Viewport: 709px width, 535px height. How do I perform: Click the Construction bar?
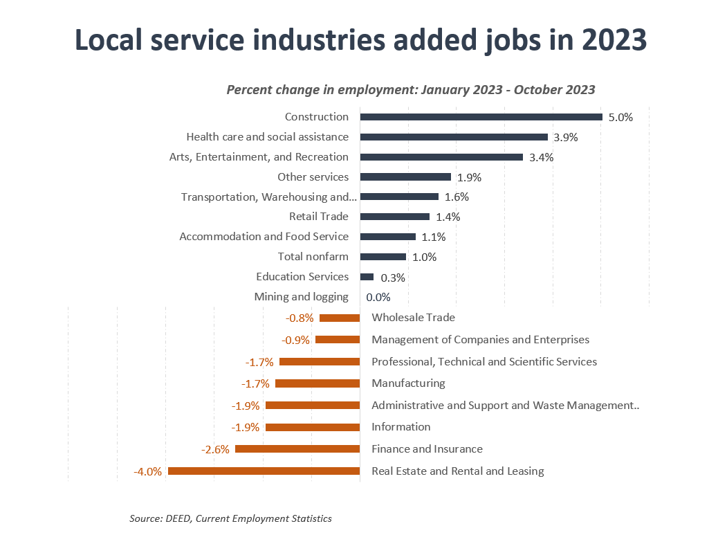pos(481,117)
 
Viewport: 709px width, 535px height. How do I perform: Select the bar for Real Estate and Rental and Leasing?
pos(264,471)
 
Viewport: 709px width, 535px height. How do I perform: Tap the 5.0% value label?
pos(620,118)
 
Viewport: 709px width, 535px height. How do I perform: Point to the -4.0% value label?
pos(147,472)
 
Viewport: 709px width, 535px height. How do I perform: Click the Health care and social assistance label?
pos(267,137)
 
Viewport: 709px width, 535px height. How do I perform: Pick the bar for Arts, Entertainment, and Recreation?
pos(441,157)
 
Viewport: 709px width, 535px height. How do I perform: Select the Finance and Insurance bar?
pos(297,449)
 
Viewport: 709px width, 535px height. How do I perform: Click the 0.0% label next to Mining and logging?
pos(378,298)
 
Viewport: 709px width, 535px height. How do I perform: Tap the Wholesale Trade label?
pos(413,318)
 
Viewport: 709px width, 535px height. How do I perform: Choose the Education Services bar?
pos(367,277)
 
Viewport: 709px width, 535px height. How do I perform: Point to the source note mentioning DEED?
pos(230,518)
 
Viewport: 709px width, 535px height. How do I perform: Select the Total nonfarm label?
pos(313,257)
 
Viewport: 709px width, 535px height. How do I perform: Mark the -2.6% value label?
pos(215,450)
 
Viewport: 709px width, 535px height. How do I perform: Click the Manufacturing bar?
pos(317,383)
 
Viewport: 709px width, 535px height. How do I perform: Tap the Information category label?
pos(400,427)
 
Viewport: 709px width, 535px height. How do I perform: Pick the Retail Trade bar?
pos(394,217)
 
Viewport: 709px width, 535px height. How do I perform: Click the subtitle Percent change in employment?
pos(411,90)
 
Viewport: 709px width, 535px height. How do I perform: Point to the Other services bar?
pos(405,177)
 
